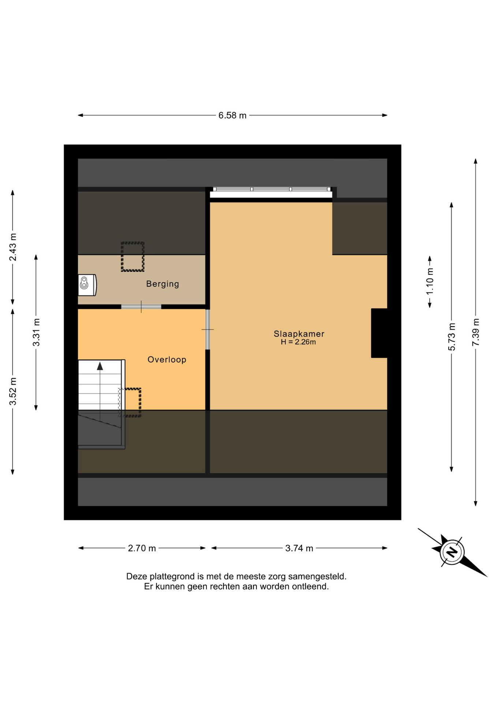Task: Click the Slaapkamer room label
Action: click(299, 334)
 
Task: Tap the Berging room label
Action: click(162, 284)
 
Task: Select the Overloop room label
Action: click(167, 360)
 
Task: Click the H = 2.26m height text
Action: click(298, 342)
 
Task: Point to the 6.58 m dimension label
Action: click(232, 115)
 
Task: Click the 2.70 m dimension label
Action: click(142, 548)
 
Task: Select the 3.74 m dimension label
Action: click(299, 548)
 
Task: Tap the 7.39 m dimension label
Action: click(475, 332)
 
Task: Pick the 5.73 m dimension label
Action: click(452, 337)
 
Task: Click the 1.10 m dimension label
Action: click(430, 281)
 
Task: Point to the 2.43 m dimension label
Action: click(13, 247)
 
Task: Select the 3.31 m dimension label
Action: click(36, 332)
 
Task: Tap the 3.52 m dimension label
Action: click(13, 391)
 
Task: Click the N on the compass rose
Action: click(453, 552)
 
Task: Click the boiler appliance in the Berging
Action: click(87, 285)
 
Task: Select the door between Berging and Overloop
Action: click(141, 307)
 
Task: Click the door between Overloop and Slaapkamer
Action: click(208, 330)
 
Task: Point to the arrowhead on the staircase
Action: click(100, 366)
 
